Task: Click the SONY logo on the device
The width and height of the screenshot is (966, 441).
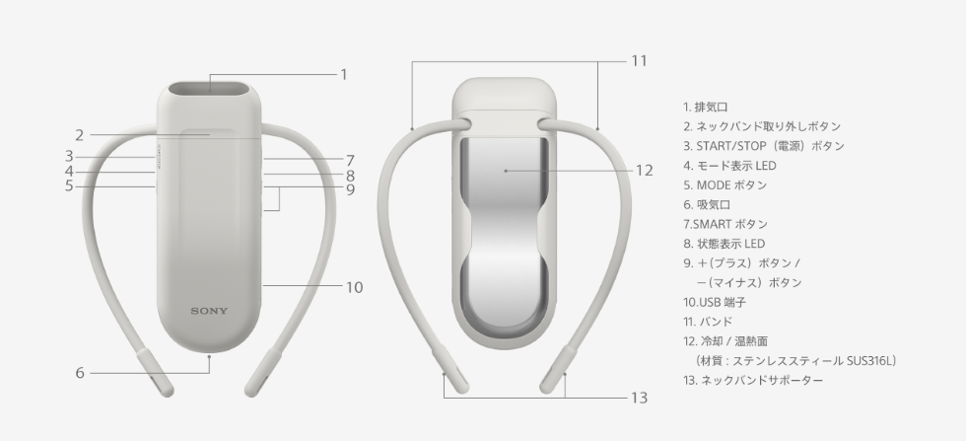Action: pos(209,311)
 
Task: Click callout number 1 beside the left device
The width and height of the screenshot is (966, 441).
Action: pos(344,75)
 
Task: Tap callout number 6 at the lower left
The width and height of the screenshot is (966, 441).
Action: pos(80,373)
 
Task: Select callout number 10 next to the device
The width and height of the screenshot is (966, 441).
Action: pos(354,287)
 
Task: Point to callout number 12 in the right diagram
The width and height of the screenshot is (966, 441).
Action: pos(645,171)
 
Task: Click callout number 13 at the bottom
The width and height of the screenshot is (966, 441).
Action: pos(640,398)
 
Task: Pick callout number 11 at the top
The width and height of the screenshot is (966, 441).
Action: pos(640,60)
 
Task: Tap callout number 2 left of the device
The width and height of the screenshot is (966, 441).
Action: pos(79,135)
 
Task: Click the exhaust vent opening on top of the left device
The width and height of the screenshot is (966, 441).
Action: pos(209,89)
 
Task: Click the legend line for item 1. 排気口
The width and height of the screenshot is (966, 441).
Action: pos(706,107)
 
